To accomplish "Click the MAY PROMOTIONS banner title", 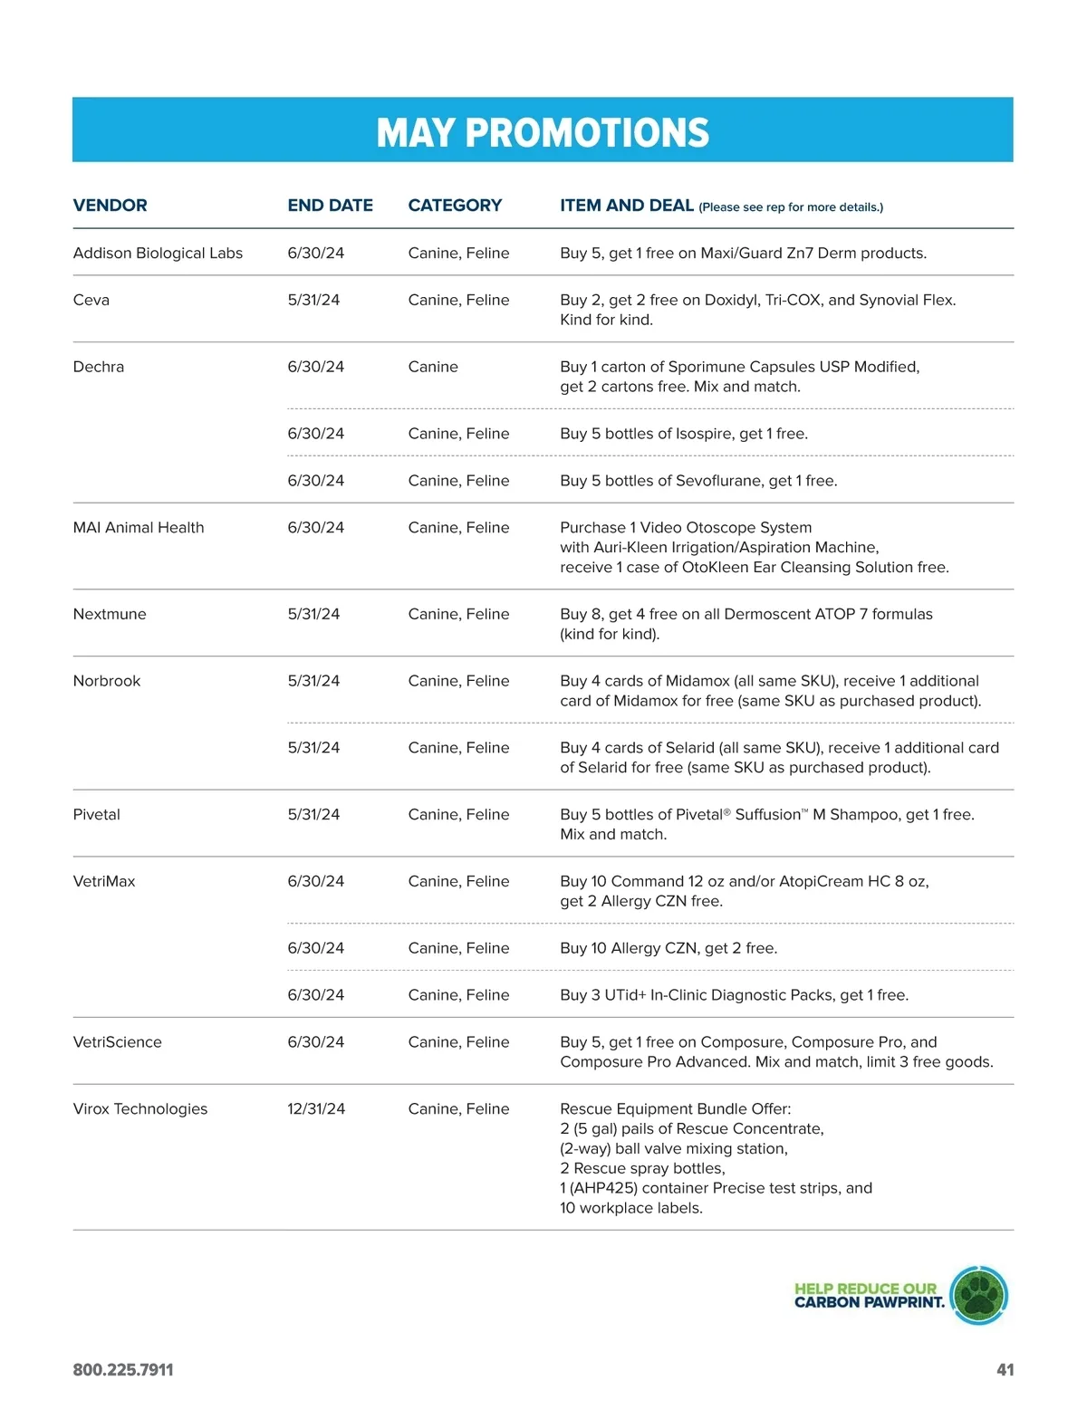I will click(543, 132).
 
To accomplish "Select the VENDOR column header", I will click(110, 206).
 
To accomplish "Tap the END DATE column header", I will click(330, 206).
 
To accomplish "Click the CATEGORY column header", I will click(455, 206).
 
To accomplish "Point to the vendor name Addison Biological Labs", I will click(158, 254).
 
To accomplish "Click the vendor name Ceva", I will click(91, 301).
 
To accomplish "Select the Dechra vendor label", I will click(98, 368).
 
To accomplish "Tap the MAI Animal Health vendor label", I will click(138, 528).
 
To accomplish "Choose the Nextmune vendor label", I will click(109, 615).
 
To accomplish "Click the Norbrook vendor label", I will click(106, 682).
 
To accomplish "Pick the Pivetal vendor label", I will click(96, 815).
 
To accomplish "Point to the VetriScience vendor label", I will click(117, 1043).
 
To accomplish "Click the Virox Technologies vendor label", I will click(139, 1110).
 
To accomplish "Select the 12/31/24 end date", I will click(316, 1110).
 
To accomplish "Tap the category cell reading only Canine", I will click(433, 368).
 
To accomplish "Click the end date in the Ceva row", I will click(313, 301).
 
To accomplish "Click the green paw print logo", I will click(978, 1296).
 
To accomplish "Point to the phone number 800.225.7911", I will click(123, 1370).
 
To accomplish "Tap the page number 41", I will click(1005, 1370).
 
